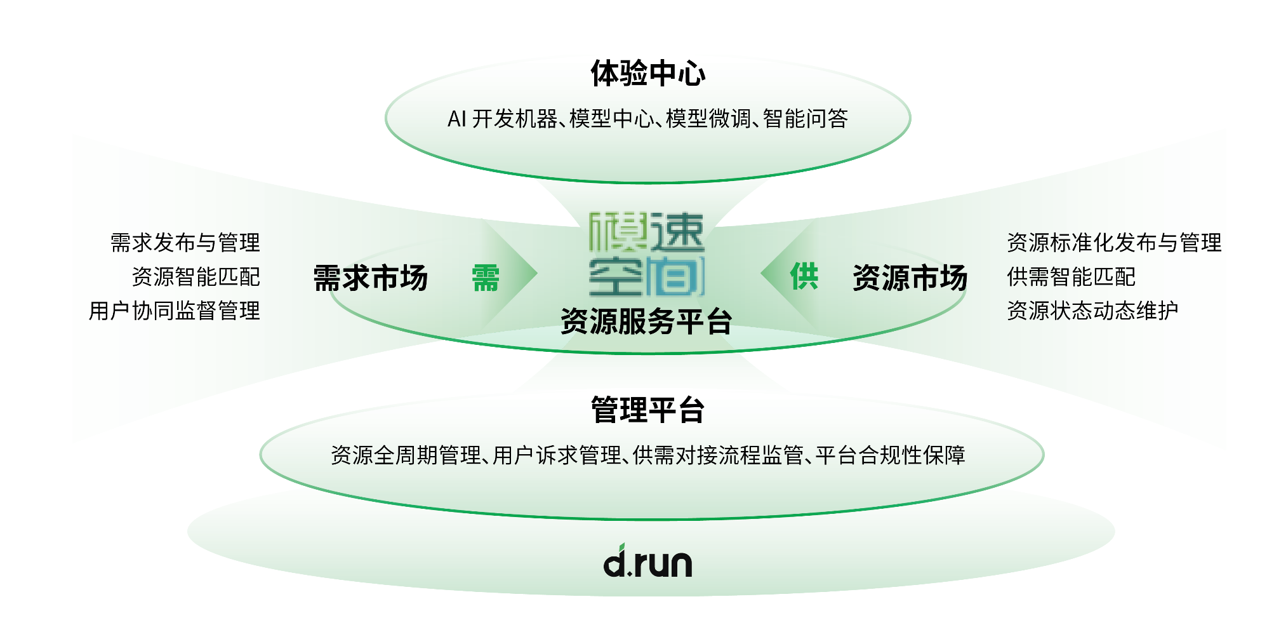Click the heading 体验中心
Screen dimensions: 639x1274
(647, 74)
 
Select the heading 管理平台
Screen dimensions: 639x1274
(647, 410)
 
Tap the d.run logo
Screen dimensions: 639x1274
(647, 562)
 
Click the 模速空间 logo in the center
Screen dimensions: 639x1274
(646, 255)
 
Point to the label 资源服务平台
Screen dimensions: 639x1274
(646, 321)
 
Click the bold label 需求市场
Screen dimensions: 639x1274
(371, 278)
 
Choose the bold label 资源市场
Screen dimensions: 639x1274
(910, 278)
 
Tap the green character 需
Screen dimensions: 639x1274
(486, 278)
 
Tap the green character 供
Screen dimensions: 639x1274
(804, 276)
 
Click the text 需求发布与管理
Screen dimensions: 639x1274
(185, 243)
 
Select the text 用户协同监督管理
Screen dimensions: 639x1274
(175, 311)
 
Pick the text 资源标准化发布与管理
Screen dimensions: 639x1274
(1114, 243)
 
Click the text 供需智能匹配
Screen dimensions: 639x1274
(1071, 277)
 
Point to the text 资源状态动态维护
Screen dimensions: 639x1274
(1092, 311)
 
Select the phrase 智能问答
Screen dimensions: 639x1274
(806, 119)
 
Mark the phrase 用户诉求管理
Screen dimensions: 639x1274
(557, 455)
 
